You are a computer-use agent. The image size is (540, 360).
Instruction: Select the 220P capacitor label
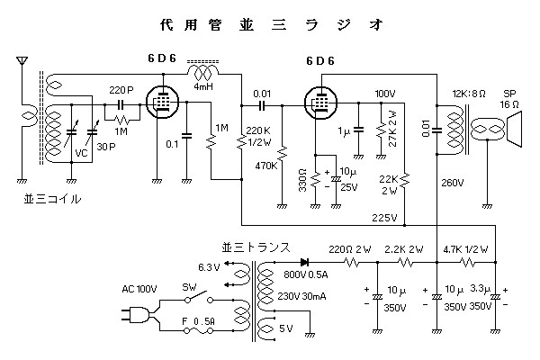(x=121, y=91)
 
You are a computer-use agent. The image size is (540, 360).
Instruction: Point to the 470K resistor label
(x=266, y=166)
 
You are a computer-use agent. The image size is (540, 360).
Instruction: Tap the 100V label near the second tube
(x=384, y=93)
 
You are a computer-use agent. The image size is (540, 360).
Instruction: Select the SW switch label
(x=190, y=287)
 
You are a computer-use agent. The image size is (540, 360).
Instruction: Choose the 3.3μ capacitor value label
(x=481, y=290)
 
